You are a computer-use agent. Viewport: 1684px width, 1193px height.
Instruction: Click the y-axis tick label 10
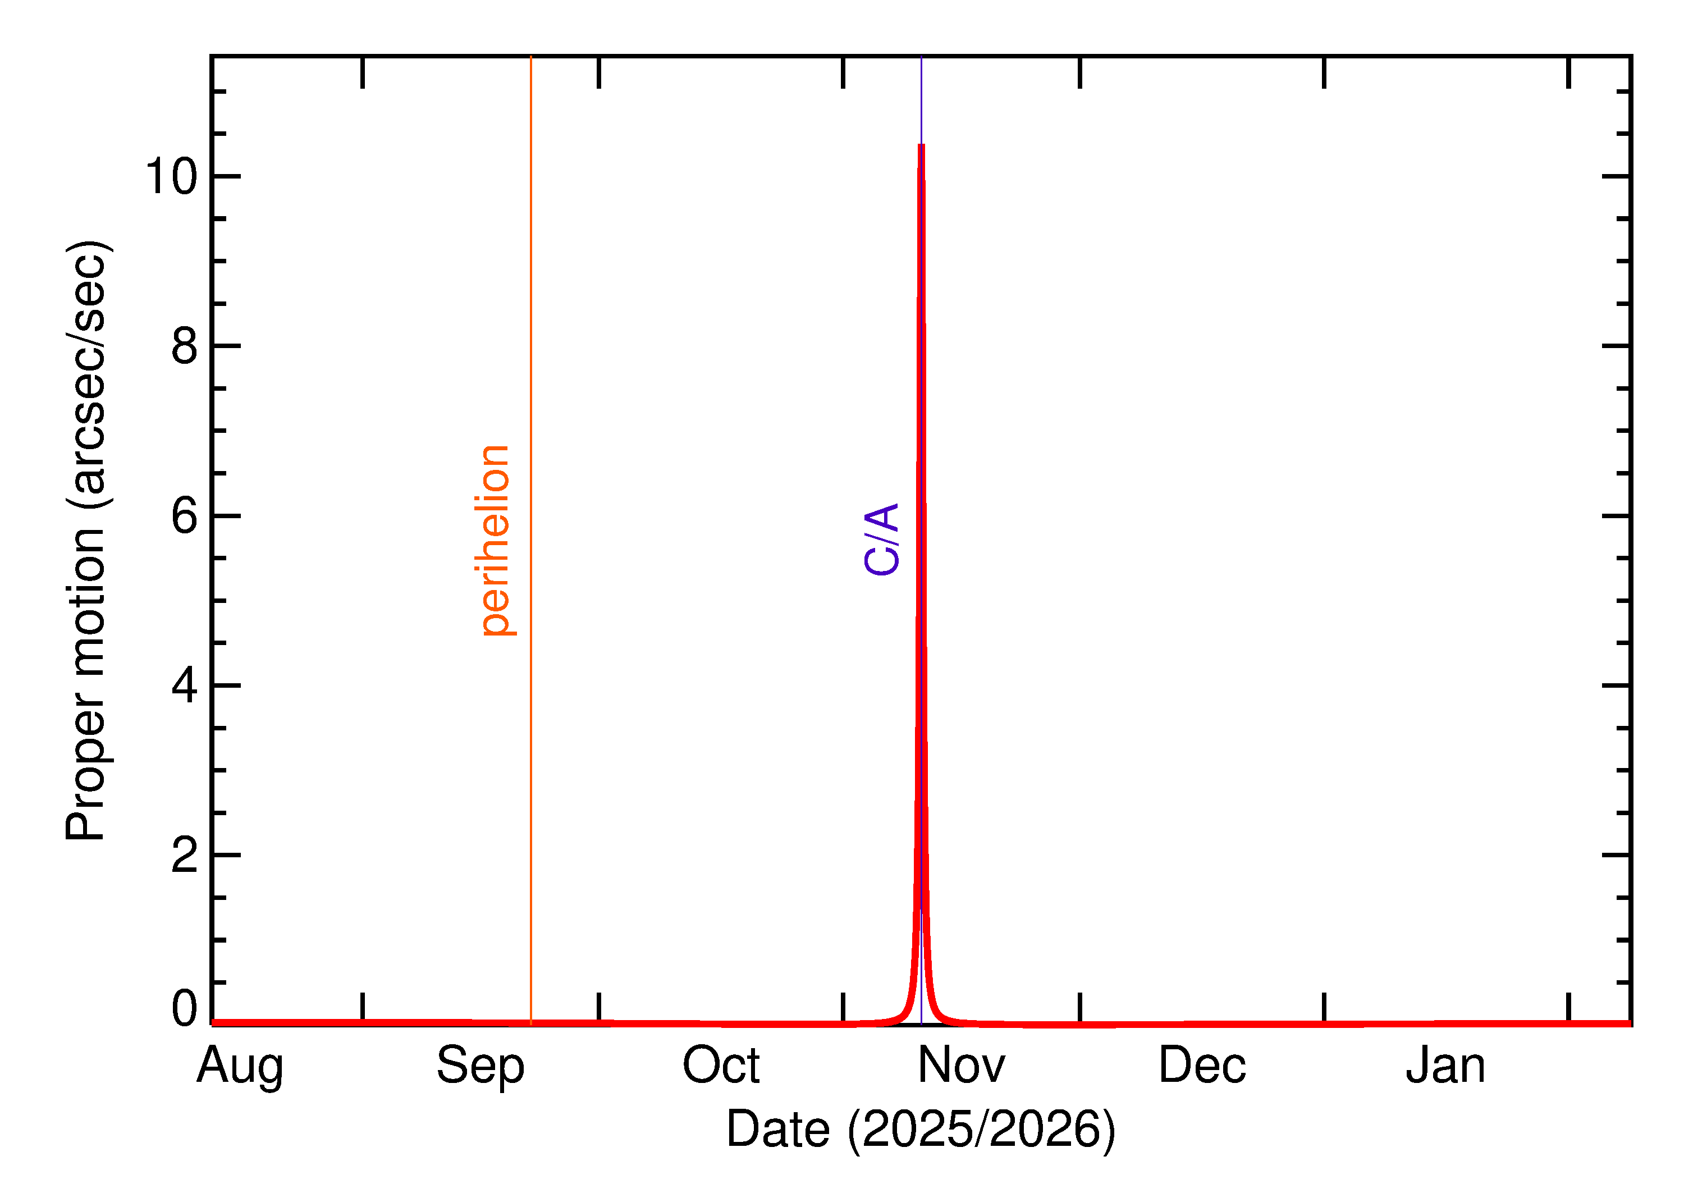tap(172, 177)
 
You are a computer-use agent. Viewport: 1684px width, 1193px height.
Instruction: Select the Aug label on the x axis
tap(240, 1066)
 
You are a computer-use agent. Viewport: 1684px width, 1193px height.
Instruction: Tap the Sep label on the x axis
tap(481, 1066)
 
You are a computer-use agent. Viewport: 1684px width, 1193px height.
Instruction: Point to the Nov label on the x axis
tap(962, 1066)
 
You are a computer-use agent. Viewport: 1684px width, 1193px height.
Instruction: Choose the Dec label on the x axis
tap(1202, 1066)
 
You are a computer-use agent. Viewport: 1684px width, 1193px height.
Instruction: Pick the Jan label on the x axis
tap(1445, 1066)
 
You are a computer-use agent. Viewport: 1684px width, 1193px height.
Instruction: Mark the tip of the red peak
tap(921, 145)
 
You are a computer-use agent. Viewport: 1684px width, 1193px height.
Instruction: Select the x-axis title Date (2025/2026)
tap(921, 1129)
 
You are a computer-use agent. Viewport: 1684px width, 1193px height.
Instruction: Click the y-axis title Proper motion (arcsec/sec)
tap(86, 540)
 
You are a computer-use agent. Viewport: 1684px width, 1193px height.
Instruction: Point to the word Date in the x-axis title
tap(778, 1129)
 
